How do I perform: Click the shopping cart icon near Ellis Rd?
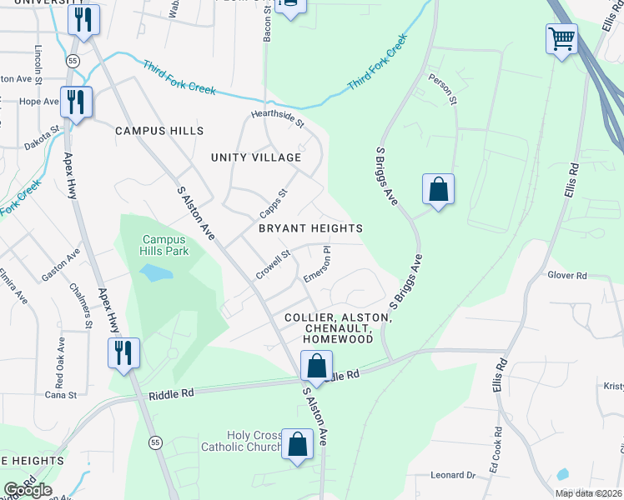(x=561, y=38)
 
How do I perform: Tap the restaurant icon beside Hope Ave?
(x=76, y=102)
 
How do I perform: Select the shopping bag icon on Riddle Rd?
(x=316, y=366)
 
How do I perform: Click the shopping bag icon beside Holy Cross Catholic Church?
(x=297, y=444)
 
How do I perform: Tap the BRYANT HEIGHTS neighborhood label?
(x=310, y=228)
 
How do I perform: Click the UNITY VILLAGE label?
(x=255, y=157)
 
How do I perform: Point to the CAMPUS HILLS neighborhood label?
(x=159, y=132)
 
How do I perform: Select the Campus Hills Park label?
(x=165, y=245)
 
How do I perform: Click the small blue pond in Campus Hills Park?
(x=156, y=272)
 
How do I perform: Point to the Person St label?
(x=444, y=89)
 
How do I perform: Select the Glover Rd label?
(x=567, y=275)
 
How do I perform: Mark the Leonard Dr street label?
(x=453, y=475)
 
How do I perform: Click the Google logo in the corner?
(x=28, y=490)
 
